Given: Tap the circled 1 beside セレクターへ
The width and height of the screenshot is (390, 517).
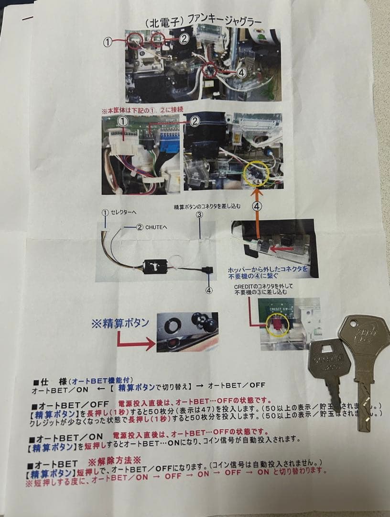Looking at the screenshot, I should pos(105,212).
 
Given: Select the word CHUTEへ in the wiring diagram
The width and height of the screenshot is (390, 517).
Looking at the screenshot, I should pos(155,227).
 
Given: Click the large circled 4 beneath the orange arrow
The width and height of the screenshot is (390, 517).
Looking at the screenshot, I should pos(257,206).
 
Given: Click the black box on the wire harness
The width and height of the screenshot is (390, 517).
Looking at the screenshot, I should pos(155,265).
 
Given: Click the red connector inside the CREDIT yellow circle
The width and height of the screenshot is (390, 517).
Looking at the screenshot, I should pos(274,326).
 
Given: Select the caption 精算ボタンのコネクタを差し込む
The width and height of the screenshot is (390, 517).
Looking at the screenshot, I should pos(207,207).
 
